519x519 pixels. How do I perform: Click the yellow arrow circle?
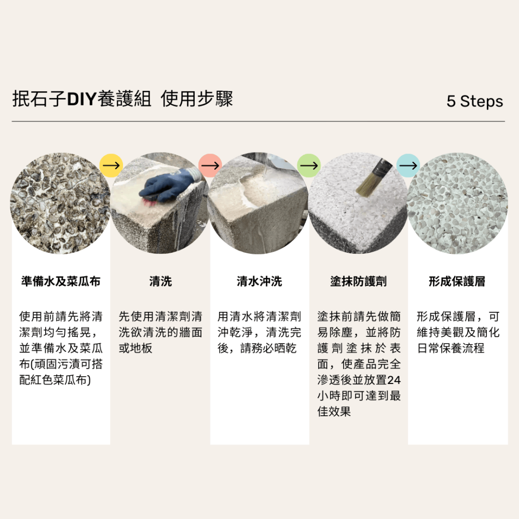tap(111, 165)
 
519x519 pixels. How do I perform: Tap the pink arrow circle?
tap(210, 165)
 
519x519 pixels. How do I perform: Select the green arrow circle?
tap(309, 165)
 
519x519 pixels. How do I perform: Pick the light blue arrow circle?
tap(408, 165)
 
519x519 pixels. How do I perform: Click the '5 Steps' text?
tap(474, 101)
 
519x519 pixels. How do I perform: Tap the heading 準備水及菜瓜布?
tap(61, 282)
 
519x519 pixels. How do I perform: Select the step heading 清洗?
tap(160, 282)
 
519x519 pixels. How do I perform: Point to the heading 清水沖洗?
tap(259, 282)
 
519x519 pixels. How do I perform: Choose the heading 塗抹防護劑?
tap(359, 282)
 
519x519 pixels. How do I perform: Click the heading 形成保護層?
tap(457, 282)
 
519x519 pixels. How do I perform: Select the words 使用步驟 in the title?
tap(197, 99)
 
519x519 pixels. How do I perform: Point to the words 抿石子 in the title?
tap(39, 99)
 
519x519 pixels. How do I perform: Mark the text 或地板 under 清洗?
tap(135, 348)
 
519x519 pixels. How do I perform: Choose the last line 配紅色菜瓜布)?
tap(55, 380)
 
